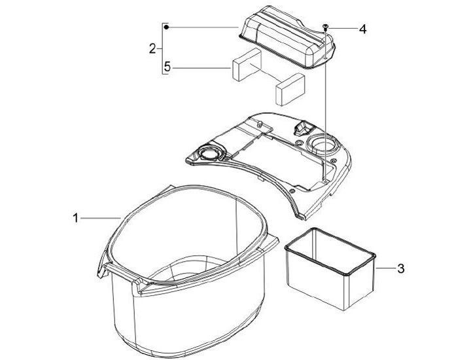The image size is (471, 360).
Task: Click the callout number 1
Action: [76, 218]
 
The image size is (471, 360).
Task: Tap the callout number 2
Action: [152, 48]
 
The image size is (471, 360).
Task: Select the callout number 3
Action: [401, 268]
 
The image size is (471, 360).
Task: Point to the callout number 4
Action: [363, 29]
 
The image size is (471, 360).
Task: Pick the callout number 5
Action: [167, 67]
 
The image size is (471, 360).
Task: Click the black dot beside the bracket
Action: [166, 27]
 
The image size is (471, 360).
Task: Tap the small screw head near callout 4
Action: [325, 27]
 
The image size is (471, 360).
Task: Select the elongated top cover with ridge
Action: [287, 37]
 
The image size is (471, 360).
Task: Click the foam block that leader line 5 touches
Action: [247, 65]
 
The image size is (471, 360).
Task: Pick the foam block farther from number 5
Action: [290, 90]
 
